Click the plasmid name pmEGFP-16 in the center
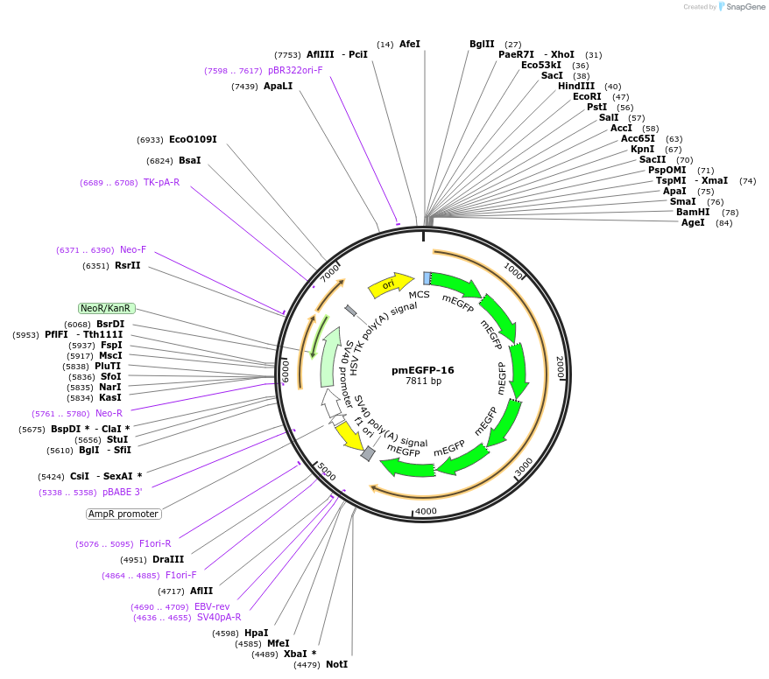pyautogui.click(x=422, y=370)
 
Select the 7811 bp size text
pyautogui.click(x=422, y=381)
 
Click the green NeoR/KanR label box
pyautogui.click(x=106, y=308)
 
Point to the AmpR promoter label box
pyautogui.click(x=123, y=514)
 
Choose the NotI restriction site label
pyautogui.click(x=336, y=664)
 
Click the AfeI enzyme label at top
pyautogui.click(x=409, y=44)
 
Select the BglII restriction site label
pyautogui.click(x=482, y=44)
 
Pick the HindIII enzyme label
pyautogui.click(x=576, y=86)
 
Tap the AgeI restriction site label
pyautogui.click(x=694, y=222)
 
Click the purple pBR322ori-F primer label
pyautogui.click(x=295, y=70)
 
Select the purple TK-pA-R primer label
pyautogui.click(x=161, y=182)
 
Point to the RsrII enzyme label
pyautogui.click(x=127, y=265)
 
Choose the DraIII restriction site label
pyautogui.click(x=168, y=559)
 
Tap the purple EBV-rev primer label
pyautogui.click(x=211, y=606)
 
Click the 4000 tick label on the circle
pyautogui.click(x=426, y=511)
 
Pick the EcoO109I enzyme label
pyautogui.click(x=193, y=139)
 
